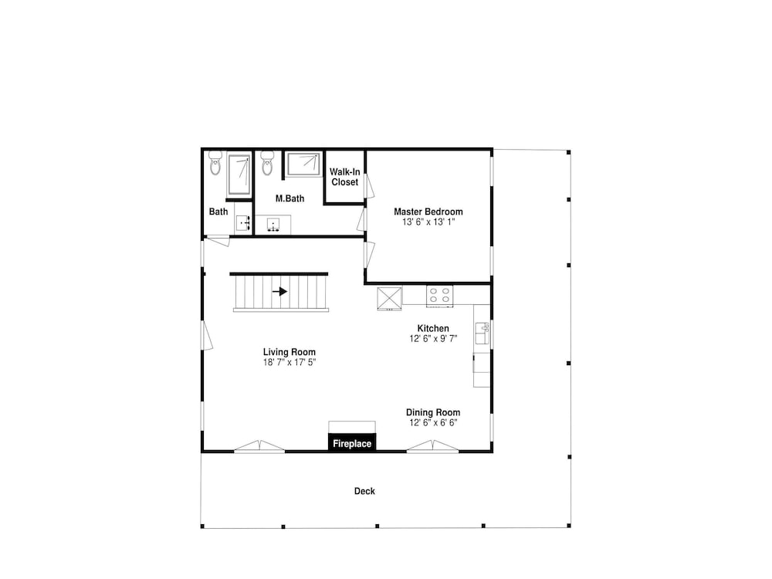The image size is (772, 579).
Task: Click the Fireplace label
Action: (x=352, y=444)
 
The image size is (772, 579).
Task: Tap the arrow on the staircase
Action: (x=280, y=292)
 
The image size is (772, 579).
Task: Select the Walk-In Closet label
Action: (x=344, y=177)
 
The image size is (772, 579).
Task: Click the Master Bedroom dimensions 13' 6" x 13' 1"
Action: (x=428, y=222)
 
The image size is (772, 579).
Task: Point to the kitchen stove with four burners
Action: (x=440, y=296)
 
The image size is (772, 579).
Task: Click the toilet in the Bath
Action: (x=215, y=164)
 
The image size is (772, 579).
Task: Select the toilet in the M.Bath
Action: (x=267, y=164)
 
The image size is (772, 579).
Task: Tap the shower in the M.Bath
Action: (x=303, y=164)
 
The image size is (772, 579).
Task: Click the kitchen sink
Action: (x=482, y=334)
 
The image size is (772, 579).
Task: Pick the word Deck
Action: (x=364, y=491)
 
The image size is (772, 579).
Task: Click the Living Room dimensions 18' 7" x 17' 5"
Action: (x=289, y=362)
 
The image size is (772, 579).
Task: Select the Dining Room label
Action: (x=433, y=412)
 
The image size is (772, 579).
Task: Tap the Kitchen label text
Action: (x=433, y=328)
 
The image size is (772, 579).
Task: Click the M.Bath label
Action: (x=289, y=198)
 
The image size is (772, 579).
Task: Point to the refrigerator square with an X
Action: (x=389, y=298)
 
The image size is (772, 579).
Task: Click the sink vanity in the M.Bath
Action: (x=273, y=225)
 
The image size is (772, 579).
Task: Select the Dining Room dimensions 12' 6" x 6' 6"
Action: (x=433, y=423)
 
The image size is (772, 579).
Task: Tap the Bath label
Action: (x=218, y=212)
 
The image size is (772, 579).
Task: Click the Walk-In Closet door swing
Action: (x=370, y=186)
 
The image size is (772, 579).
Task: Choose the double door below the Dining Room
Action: (x=433, y=446)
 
